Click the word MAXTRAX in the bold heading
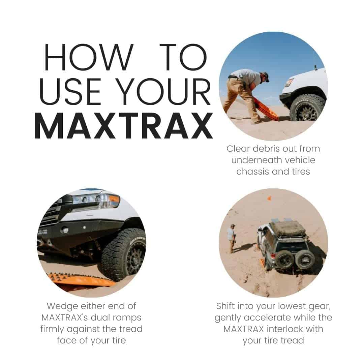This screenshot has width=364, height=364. pyautogui.click(x=123, y=126)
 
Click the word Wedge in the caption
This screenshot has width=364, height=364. pyautogui.click(x=62, y=306)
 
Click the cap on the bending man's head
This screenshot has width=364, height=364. pyautogui.click(x=265, y=77)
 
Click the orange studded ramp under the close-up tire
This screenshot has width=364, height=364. pyautogui.click(x=81, y=279)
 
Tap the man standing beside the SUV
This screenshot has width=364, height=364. pyautogui.click(x=231, y=238)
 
